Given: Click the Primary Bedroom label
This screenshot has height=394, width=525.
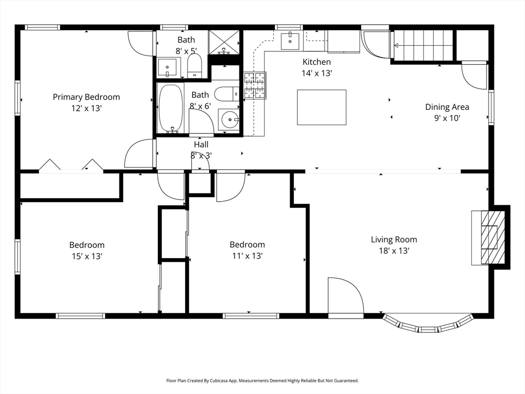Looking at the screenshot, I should [86, 97].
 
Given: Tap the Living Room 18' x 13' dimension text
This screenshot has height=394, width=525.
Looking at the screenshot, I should [394, 251].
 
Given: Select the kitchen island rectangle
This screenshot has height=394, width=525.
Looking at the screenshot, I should [321, 107].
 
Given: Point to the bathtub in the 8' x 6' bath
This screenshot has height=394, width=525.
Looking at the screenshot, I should [171, 108].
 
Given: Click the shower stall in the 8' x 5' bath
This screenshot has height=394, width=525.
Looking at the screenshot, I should [225, 42].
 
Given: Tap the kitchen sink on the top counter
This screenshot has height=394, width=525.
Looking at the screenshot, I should [290, 40].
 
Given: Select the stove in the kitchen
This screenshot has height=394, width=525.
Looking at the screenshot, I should [255, 86].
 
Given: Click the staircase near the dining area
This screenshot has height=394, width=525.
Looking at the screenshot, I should [423, 45].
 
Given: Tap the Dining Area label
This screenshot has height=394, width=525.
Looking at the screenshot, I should [447, 107].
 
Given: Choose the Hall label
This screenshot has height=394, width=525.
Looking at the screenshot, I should [201, 145].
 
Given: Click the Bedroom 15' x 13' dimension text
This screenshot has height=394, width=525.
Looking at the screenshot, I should [87, 256].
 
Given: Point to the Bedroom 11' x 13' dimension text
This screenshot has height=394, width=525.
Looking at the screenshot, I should [247, 256].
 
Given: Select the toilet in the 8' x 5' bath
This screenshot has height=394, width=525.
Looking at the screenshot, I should [194, 66].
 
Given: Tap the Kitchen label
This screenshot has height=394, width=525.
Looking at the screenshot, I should [316, 62].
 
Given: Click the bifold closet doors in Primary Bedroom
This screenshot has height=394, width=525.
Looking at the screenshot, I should [72, 165].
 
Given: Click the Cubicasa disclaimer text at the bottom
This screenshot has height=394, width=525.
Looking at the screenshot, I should [262, 381].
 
